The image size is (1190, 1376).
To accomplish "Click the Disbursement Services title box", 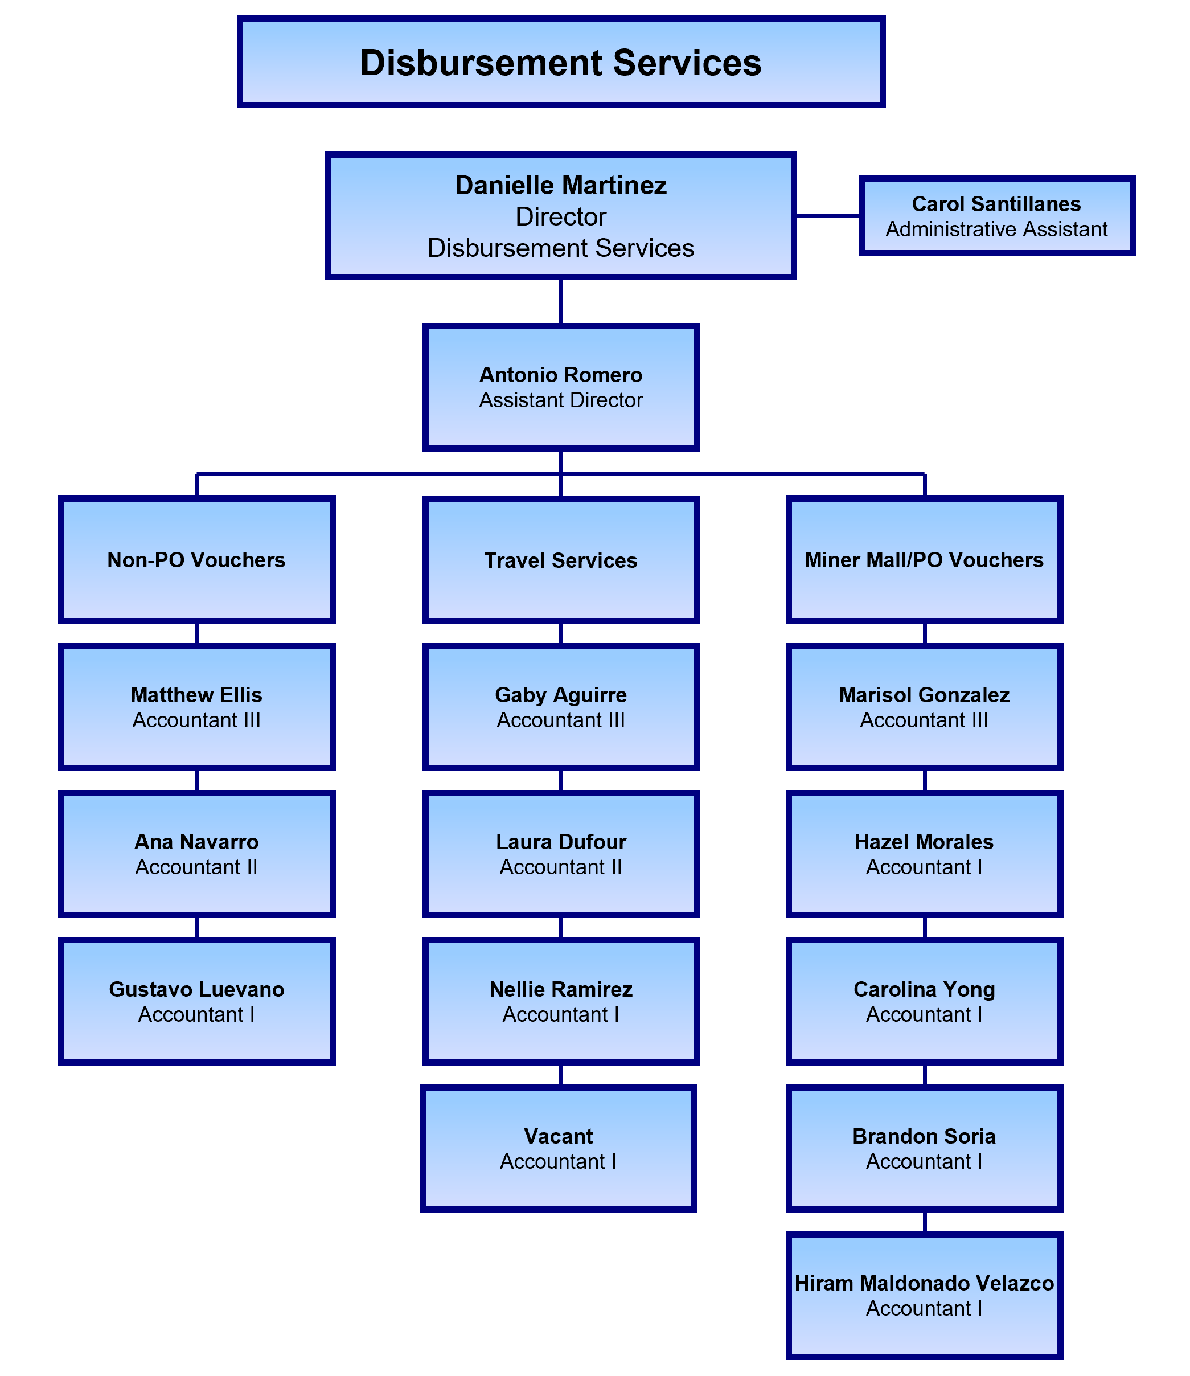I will point(561,63).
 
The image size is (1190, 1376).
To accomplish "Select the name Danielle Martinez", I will point(561,185).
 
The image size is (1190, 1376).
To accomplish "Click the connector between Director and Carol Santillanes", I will point(827,216).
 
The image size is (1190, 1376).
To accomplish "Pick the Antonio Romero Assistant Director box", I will point(561,387).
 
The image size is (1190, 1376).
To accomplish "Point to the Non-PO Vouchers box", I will point(196,560).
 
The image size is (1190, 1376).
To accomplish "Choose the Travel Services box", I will point(561,560).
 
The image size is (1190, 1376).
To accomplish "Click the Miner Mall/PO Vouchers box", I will point(924,560).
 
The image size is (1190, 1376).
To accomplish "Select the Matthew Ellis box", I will point(196,707).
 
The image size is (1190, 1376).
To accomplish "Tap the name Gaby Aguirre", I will point(561,695).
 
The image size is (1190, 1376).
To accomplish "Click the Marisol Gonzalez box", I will point(924,707).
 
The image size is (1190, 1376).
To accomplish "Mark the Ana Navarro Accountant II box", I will point(196,854).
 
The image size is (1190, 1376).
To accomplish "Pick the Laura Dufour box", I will point(561,854).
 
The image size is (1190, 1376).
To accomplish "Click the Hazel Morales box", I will point(924,854).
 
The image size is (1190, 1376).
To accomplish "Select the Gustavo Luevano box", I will point(196,1001).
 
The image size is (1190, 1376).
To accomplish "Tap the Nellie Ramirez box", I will point(561,1001).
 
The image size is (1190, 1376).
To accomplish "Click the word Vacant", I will point(559,1136).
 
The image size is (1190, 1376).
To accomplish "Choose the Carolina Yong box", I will point(924,1001).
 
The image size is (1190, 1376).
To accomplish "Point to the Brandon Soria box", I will point(924,1148).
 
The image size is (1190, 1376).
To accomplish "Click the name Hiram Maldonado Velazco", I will point(924,1283).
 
